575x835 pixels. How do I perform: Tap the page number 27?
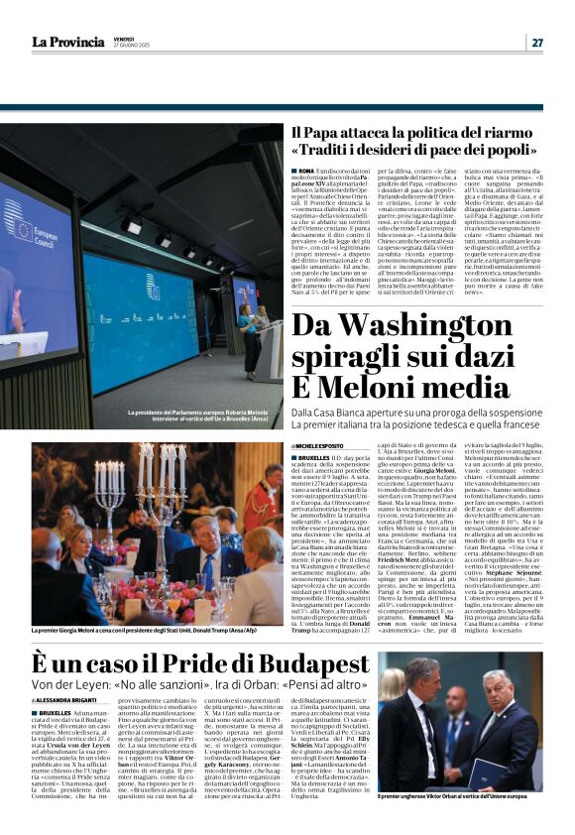point(537,42)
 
